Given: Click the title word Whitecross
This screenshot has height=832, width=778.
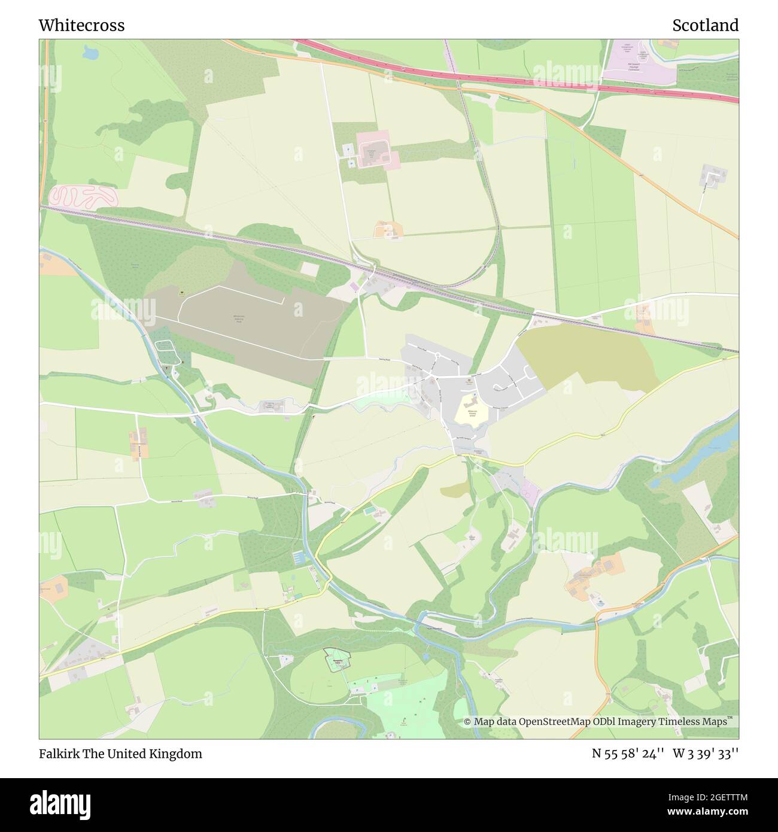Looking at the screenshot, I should coord(81,25).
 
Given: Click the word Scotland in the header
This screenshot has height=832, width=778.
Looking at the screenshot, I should coord(705,25).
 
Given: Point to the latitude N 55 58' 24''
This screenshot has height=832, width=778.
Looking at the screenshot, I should coord(628,754).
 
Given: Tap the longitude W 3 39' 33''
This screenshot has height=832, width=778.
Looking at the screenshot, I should coord(706,754).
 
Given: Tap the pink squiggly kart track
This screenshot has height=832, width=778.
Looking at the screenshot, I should coord(83,196).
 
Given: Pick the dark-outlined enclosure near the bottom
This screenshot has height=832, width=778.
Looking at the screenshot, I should coord(336,661).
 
